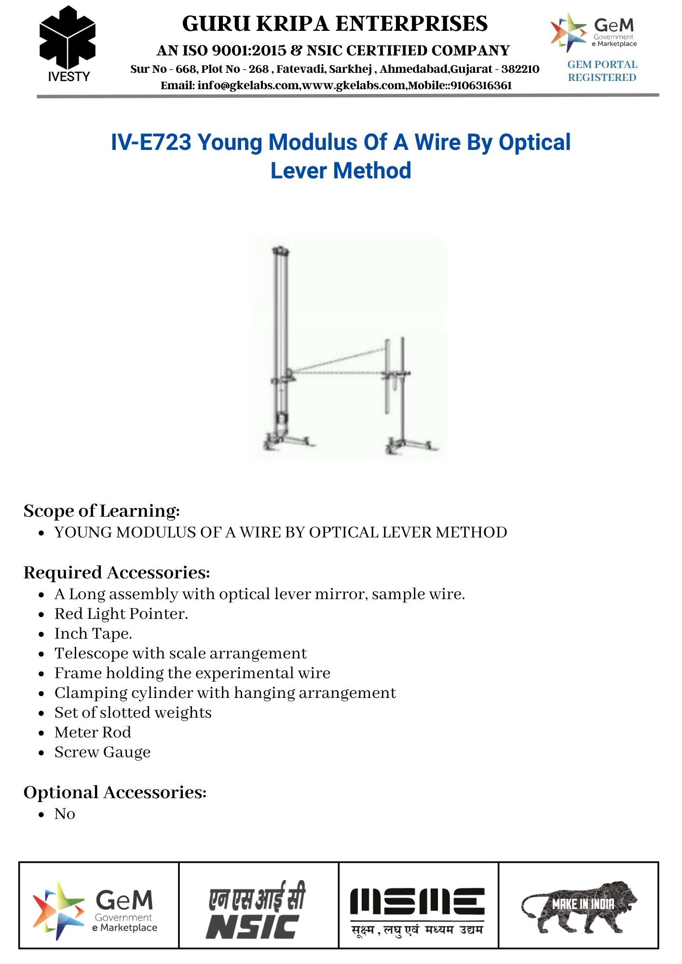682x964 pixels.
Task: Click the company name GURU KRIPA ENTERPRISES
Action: tap(335, 24)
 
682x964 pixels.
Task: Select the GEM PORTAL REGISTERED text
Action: tap(602, 71)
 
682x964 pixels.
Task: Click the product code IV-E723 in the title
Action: tap(151, 142)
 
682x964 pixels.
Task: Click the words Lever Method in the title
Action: tap(341, 171)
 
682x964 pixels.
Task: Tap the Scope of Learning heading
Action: tap(102, 510)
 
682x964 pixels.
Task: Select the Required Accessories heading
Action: tap(117, 572)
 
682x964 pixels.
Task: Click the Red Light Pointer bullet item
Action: tap(121, 614)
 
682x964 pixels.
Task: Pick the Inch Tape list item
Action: tap(93, 633)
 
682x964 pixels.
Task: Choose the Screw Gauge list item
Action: tap(102, 752)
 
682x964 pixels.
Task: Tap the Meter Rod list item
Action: tap(93, 732)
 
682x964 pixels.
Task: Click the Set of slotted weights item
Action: tap(133, 712)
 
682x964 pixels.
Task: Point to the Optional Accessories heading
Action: tap(115, 792)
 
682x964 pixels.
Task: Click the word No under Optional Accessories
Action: tap(65, 814)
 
